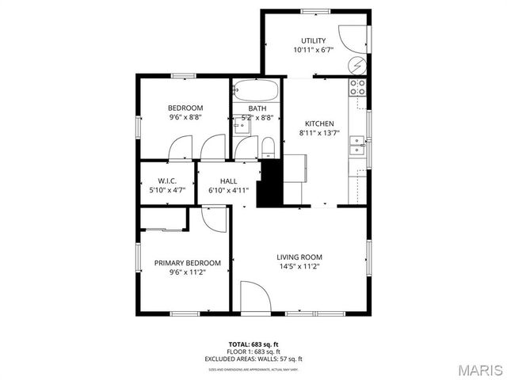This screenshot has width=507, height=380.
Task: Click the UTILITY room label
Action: (x=313, y=40)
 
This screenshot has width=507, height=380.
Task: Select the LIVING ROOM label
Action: (x=299, y=256)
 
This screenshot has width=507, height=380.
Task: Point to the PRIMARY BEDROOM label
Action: (x=187, y=263)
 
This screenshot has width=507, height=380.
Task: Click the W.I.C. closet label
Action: (x=166, y=180)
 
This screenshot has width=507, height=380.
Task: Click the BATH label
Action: (x=257, y=108)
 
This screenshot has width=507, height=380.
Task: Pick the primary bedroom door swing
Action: (x=212, y=217)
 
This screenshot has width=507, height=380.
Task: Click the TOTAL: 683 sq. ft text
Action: (x=253, y=344)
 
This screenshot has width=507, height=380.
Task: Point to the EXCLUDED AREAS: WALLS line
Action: (x=253, y=359)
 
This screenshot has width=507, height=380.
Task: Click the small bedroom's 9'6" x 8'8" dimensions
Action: (x=185, y=118)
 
